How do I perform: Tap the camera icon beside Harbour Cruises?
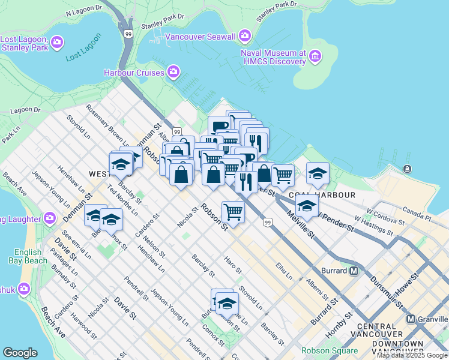173,73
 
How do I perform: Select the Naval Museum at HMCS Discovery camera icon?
316,57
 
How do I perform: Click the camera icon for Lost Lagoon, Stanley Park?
57,42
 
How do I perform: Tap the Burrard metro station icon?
354,271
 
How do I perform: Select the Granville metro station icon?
411,319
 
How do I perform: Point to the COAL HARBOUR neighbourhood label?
322,195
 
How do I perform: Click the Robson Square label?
330,350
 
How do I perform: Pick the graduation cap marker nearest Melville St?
307,206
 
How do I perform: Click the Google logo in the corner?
20,353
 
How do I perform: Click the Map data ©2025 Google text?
412,355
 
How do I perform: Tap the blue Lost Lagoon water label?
83,56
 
